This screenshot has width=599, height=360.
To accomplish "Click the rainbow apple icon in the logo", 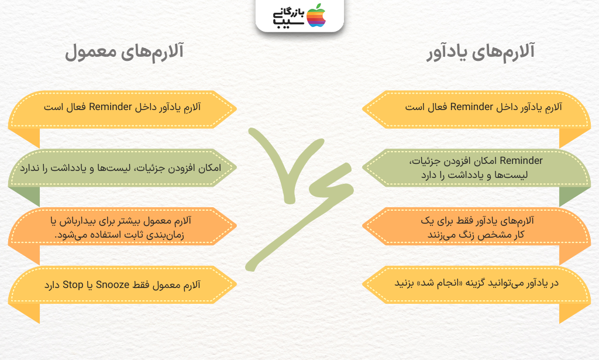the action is (x=316, y=16).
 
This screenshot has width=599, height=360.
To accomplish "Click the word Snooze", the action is (x=113, y=284).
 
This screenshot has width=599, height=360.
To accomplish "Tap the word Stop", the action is (x=73, y=284).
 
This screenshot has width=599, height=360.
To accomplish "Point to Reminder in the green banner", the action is (x=521, y=160).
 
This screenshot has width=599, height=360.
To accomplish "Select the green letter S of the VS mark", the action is (x=302, y=214).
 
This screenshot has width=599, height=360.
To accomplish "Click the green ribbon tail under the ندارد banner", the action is (x=29, y=196).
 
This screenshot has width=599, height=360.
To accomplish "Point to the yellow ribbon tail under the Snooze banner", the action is (x=29, y=312).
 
